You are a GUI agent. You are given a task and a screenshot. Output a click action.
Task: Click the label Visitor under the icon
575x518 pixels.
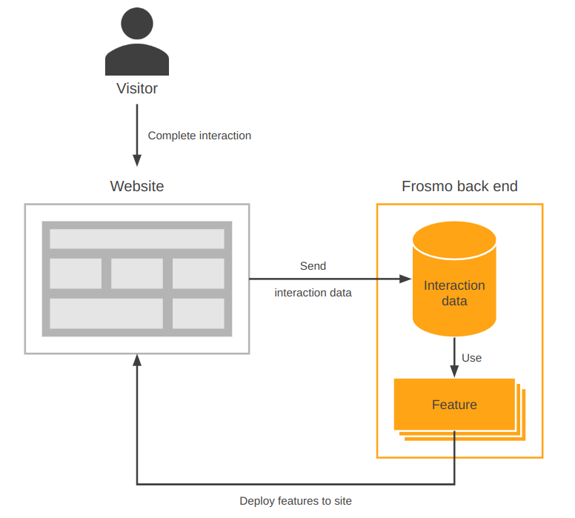pos(137,89)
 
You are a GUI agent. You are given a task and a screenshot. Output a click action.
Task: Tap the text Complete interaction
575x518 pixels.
pos(199,136)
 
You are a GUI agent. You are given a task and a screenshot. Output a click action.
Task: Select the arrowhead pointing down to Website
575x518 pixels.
pos(137,160)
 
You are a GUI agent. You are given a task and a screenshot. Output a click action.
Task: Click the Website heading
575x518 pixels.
pos(137,186)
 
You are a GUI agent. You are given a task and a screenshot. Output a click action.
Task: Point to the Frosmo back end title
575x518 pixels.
pos(459,186)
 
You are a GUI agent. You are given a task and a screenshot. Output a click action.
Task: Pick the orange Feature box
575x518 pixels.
pos(454,405)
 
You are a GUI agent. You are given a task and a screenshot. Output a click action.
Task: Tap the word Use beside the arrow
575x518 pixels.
pos(472,358)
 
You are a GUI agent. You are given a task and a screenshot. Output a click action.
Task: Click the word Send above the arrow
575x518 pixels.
pos(313,265)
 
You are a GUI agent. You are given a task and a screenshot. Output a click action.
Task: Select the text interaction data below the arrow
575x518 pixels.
pos(313,293)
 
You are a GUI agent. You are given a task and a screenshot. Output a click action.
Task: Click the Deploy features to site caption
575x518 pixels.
pos(296,501)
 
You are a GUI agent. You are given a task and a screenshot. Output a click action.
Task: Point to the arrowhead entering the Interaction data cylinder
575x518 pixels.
pos(405,279)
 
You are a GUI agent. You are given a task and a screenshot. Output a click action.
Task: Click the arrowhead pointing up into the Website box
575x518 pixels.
pos(137,360)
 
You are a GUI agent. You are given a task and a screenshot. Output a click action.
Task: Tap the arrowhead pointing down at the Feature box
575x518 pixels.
pos(454,373)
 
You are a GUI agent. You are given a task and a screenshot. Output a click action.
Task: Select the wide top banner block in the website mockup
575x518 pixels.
pos(137,239)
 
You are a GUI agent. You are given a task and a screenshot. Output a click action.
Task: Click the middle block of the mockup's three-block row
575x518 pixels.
pos(137,273)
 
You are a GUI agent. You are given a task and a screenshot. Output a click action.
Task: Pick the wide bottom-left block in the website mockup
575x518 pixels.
pos(106,313)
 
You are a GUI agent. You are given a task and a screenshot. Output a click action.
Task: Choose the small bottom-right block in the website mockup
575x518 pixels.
pos(199,313)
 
